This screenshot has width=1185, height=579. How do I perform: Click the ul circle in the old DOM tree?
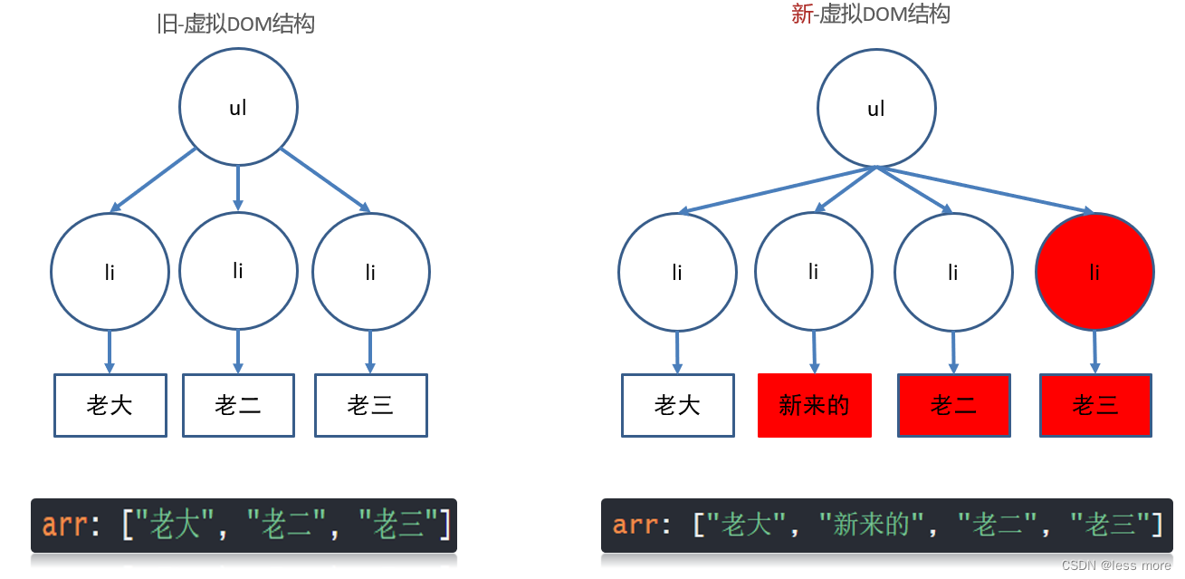pos(238,107)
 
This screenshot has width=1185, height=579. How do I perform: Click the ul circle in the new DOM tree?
pos(876,109)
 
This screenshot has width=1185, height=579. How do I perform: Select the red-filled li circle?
pos(1094,271)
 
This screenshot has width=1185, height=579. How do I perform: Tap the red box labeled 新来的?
pos(814,405)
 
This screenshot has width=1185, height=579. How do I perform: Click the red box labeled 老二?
pos(953,405)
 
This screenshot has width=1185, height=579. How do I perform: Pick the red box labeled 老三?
pos(1095,405)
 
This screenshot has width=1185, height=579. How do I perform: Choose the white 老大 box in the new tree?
pos(677,405)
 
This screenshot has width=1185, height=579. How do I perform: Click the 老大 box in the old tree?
pos(110,405)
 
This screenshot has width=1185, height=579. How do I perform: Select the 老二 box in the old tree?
pos(238,405)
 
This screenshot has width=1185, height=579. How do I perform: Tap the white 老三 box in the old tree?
pos(370,405)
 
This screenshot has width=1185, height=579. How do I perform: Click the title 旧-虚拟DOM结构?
pos(235,24)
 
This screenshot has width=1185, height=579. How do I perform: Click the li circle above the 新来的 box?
pos(813,271)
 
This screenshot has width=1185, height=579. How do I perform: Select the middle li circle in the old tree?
pos(238,270)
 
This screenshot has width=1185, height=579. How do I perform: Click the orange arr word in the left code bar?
pos(62,526)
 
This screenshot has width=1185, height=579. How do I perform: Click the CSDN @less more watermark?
pos(1116,565)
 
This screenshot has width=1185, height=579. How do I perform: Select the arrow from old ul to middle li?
pos(238,188)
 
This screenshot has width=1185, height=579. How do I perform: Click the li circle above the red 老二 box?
pos(952,271)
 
